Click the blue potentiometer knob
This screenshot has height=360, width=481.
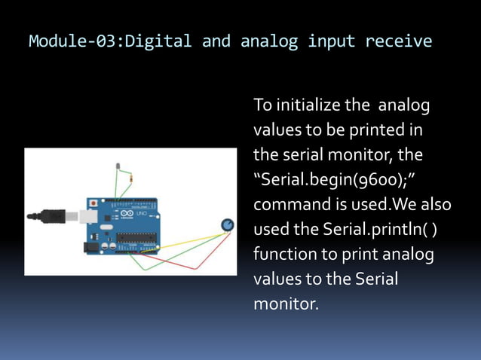(227, 225)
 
